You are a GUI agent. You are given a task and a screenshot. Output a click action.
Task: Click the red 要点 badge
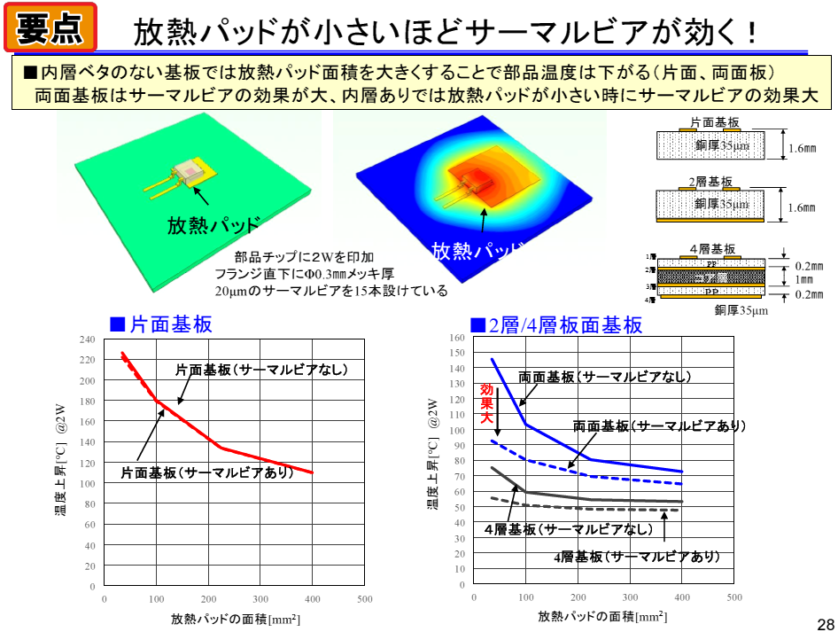50,29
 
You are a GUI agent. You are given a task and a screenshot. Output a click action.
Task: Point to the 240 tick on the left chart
87,339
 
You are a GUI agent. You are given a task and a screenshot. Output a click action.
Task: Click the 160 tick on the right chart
457,338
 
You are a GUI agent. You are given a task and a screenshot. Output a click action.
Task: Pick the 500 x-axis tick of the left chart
364,599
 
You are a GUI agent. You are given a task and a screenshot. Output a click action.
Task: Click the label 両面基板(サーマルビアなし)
604,377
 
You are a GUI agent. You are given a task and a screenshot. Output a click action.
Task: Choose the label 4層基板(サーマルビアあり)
636,557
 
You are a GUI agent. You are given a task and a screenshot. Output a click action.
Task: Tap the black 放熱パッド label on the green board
213,224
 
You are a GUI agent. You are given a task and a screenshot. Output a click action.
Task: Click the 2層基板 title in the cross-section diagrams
711,182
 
